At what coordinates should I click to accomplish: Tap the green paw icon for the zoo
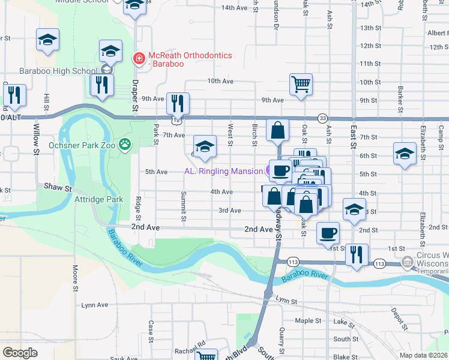click(125, 145)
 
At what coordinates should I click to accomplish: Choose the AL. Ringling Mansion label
click(223, 171)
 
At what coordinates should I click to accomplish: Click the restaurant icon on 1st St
click(356, 254)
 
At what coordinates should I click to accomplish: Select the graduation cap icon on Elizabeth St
click(405, 153)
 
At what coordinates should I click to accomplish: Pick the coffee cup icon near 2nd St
click(327, 232)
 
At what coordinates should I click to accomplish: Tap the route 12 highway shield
click(175, 120)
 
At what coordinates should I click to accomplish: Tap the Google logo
click(20, 353)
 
